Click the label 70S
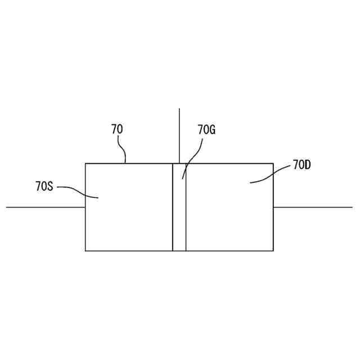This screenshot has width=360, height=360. click(x=44, y=186)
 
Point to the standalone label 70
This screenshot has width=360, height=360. click(x=117, y=129)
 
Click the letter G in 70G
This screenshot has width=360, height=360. click(x=212, y=130)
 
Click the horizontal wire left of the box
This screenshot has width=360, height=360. click(x=45, y=207)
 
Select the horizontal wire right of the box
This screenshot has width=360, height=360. click(x=313, y=207)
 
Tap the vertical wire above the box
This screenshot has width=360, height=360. click(x=179, y=135)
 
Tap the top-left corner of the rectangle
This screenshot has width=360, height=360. click(x=85, y=164)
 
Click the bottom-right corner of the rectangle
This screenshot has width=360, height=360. click(x=273, y=251)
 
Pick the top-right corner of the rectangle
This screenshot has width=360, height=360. click(x=273, y=164)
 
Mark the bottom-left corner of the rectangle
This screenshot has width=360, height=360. click(x=85, y=251)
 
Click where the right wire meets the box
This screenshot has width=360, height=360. click(x=273, y=207)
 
